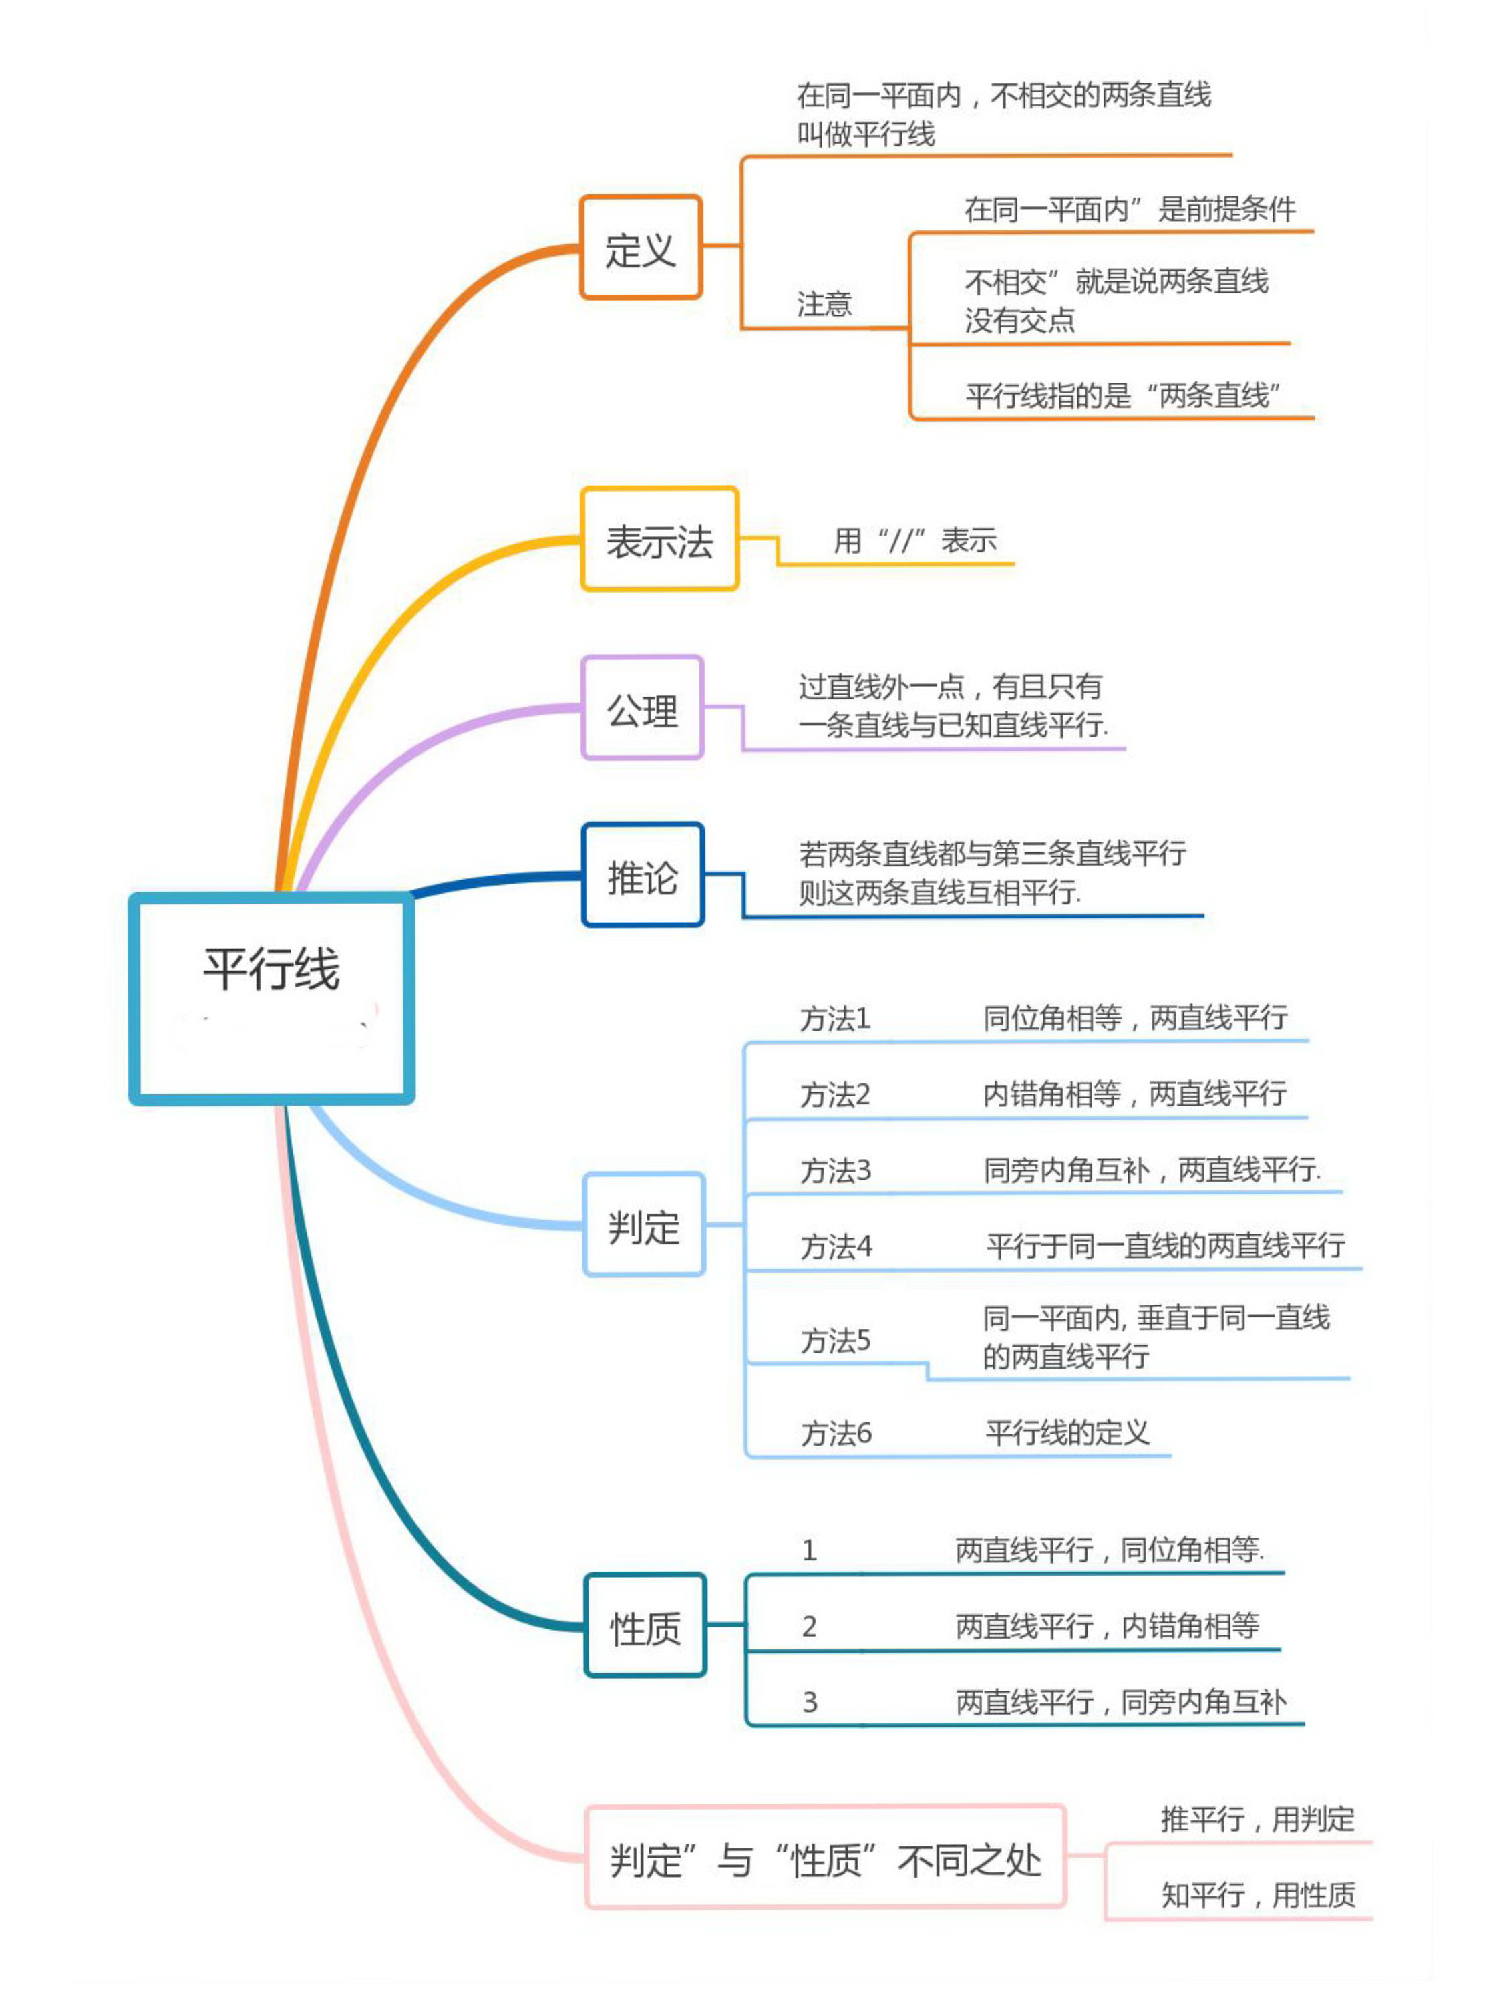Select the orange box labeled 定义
click(x=641, y=247)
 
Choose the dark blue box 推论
click(x=643, y=875)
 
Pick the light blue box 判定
click(x=643, y=1225)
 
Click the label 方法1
click(x=834, y=1019)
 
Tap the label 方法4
click(x=835, y=1248)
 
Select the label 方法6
click(x=835, y=1434)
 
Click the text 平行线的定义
click(x=1066, y=1432)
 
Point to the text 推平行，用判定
click(x=1257, y=1818)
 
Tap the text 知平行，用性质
click(x=1257, y=1894)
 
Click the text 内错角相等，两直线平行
click(x=1134, y=1094)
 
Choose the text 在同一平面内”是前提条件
click(x=1129, y=209)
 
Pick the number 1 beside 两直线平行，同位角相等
click(x=809, y=1550)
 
